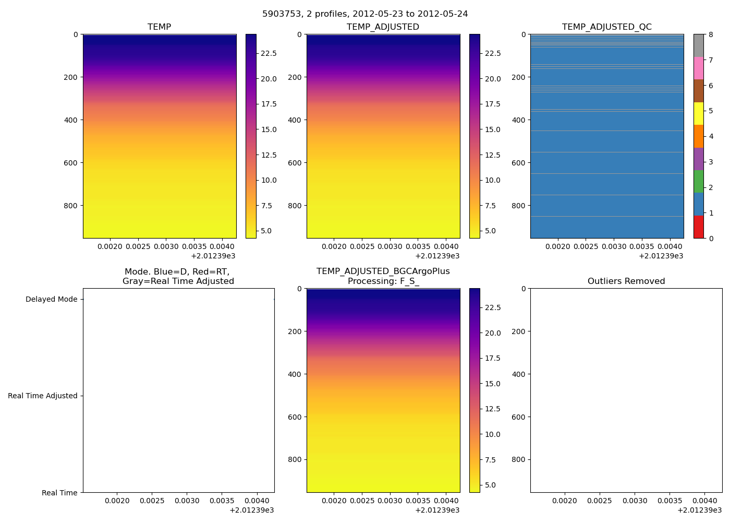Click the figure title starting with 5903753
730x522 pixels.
click(x=365, y=14)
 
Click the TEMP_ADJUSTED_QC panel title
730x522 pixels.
click(x=606, y=27)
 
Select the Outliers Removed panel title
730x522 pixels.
click(x=626, y=281)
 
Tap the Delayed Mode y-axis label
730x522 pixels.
click(x=51, y=300)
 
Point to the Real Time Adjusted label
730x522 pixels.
click(x=42, y=396)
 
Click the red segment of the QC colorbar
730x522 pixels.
click(x=698, y=227)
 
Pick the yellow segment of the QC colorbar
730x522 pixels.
click(x=698, y=114)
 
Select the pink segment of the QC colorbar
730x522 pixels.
click(x=698, y=68)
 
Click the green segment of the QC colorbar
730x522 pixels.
click(x=698, y=182)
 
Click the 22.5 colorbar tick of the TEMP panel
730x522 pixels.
click(x=269, y=54)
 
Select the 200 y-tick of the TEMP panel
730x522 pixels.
click(x=71, y=77)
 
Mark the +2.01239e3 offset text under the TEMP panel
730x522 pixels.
click(x=213, y=256)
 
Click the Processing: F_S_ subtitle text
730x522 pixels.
click(x=383, y=281)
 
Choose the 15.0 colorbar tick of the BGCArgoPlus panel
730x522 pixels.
click(x=492, y=384)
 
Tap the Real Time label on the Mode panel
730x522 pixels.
click(x=59, y=493)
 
